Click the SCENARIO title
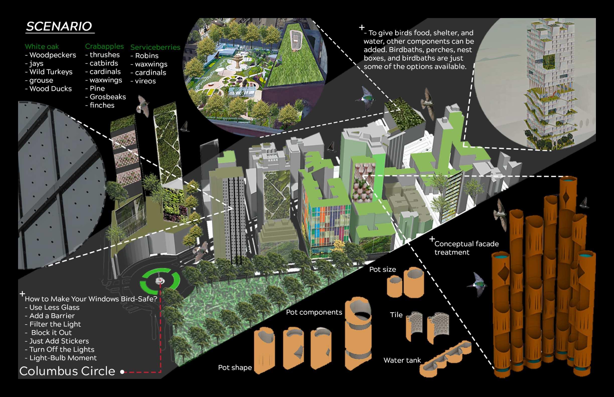tap(59, 27)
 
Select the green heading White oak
tap(42, 47)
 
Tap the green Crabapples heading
tap(104, 46)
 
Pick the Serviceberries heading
tap(155, 47)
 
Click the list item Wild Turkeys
tap(51, 72)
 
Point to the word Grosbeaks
tap(108, 97)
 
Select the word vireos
tap(145, 81)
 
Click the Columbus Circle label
tap(67, 371)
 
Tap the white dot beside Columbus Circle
tap(122, 372)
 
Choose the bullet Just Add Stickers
tap(59, 341)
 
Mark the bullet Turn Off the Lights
tap(62, 350)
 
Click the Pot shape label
tap(235, 368)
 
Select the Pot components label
tap(314, 313)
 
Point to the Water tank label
tap(402, 360)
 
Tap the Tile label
tap(396, 315)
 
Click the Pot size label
tap(382, 270)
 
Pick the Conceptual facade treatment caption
tap(466, 248)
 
